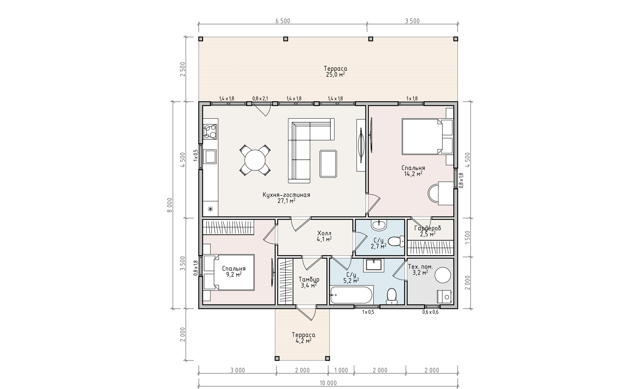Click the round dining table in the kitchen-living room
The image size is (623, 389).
click(255, 160)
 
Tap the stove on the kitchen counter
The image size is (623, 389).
click(210, 132)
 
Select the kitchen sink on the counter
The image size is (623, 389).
click(210, 157)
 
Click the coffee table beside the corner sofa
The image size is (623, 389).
click(328, 164)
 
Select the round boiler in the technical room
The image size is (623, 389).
click(443, 275)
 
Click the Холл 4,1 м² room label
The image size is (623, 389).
click(324, 236)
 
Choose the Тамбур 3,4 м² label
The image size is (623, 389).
click(309, 282)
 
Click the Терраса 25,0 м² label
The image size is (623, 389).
click(336, 71)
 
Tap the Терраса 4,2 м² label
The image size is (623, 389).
click(303, 337)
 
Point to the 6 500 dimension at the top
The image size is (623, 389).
click(283, 21)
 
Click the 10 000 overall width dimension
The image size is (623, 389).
click(328, 383)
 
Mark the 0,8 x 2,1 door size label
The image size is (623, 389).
click(260, 98)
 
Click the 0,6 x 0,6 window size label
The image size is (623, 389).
click(430, 312)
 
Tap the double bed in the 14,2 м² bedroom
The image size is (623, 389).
click(422, 136)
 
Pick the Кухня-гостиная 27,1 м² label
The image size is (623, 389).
click(286, 198)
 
